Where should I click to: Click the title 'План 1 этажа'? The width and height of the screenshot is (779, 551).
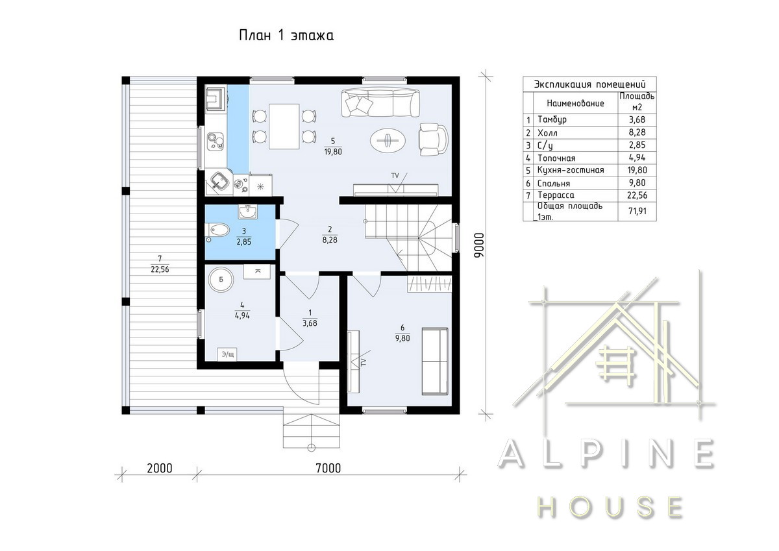286,36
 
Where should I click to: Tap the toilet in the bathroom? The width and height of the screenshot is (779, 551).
217,230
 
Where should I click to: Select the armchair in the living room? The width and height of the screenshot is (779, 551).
433,140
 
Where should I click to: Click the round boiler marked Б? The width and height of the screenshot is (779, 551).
221,279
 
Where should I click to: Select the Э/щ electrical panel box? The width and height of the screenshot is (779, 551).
227,354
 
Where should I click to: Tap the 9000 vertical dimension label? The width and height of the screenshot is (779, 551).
479,245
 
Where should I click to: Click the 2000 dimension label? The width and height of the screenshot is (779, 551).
160,469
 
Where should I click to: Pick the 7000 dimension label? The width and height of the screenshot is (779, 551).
328,469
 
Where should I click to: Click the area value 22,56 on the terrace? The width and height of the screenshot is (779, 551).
160,269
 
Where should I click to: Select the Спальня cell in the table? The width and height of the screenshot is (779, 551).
554,183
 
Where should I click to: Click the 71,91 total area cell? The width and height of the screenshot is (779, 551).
637,211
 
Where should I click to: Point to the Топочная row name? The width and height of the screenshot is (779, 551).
556,158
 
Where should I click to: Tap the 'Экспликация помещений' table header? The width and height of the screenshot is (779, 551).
590,84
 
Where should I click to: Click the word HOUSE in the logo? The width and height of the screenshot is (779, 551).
610,508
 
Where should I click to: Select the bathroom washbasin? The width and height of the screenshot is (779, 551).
248,212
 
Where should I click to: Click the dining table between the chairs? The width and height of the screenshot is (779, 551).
284,126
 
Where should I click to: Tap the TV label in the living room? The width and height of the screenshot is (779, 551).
395,176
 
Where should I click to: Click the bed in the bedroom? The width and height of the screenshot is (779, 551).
435,361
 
